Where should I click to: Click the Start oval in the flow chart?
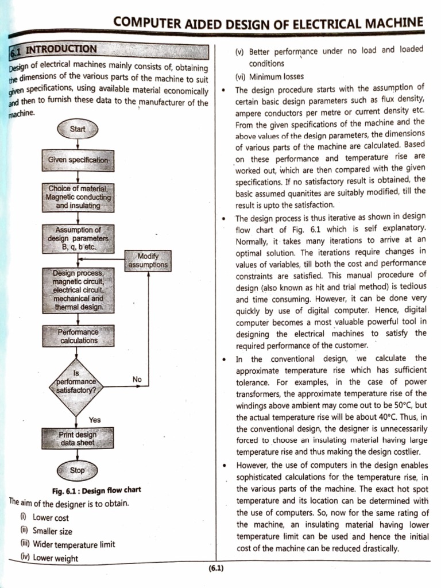tap(77, 129)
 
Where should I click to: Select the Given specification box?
tap(78, 160)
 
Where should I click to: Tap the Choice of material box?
tap(78, 197)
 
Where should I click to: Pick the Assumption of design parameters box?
tap(78, 238)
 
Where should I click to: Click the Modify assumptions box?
tap(148, 260)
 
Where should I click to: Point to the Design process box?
tap(78, 290)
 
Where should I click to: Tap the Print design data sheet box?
tap(78, 439)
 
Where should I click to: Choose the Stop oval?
tap(77, 470)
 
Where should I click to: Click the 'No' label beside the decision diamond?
tap(137, 380)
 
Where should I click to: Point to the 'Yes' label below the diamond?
tap(95, 420)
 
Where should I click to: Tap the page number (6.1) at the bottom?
tap(216, 568)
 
